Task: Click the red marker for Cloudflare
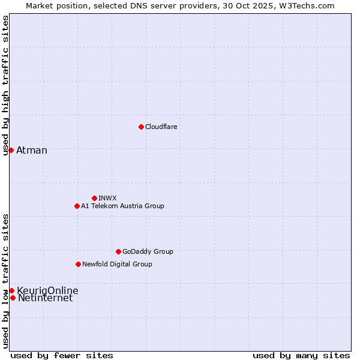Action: coord(141,127)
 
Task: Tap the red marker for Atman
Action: coord(11,150)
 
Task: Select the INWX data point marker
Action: coord(94,198)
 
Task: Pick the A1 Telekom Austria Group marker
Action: coord(77,206)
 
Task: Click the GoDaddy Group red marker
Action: coord(118,251)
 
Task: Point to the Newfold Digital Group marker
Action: coord(78,264)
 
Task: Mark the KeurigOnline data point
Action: coord(11,290)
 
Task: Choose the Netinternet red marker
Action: coord(13,298)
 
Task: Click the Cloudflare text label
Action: coord(161,127)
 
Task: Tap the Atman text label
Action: coord(32,150)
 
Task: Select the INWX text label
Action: coord(107,198)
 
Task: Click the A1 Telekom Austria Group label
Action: coord(122,206)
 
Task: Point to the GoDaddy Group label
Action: coord(148,251)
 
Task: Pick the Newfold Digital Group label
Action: coord(117,264)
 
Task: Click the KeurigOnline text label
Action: coord(47,290)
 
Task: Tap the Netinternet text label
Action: coord(45,298)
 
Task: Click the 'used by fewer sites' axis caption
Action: coord(62,355)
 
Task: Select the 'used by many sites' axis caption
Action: coord(301,355)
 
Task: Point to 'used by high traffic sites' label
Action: coord(5,85)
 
